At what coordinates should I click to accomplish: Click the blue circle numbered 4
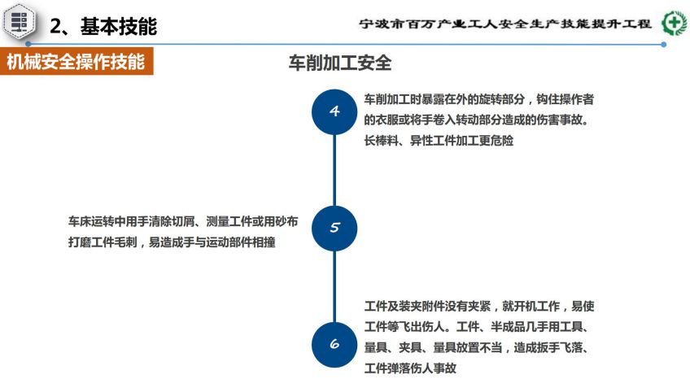point(334,111)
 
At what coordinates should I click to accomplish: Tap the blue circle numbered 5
point(334,229)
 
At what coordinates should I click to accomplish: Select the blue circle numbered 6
point(334,344)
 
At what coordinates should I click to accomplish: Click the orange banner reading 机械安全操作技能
point(76,61)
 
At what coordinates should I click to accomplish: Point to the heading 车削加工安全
point(340,63)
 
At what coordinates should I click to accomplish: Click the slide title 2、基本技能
point(103,26)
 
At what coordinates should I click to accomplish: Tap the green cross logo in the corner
point(675,23)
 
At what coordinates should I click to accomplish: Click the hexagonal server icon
point(19,21)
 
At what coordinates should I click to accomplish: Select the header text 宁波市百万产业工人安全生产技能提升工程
point(505,24)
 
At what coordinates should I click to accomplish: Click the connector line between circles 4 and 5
point(334,170)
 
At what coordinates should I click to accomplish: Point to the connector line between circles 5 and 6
point(334,287)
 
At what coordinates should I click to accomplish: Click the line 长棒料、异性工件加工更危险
point(439,141)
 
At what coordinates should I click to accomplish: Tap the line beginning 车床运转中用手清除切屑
point(183,221)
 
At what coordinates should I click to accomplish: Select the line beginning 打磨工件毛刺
point(172,242)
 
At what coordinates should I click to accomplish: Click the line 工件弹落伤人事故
point(410,368)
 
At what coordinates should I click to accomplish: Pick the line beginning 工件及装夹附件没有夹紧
point(479,306)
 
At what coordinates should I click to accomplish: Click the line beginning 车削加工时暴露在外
point(479,99)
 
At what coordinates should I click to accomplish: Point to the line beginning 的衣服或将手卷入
point(476,120)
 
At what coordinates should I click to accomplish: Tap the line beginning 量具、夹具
point(476,347)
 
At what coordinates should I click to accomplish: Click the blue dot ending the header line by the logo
point(664,45)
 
